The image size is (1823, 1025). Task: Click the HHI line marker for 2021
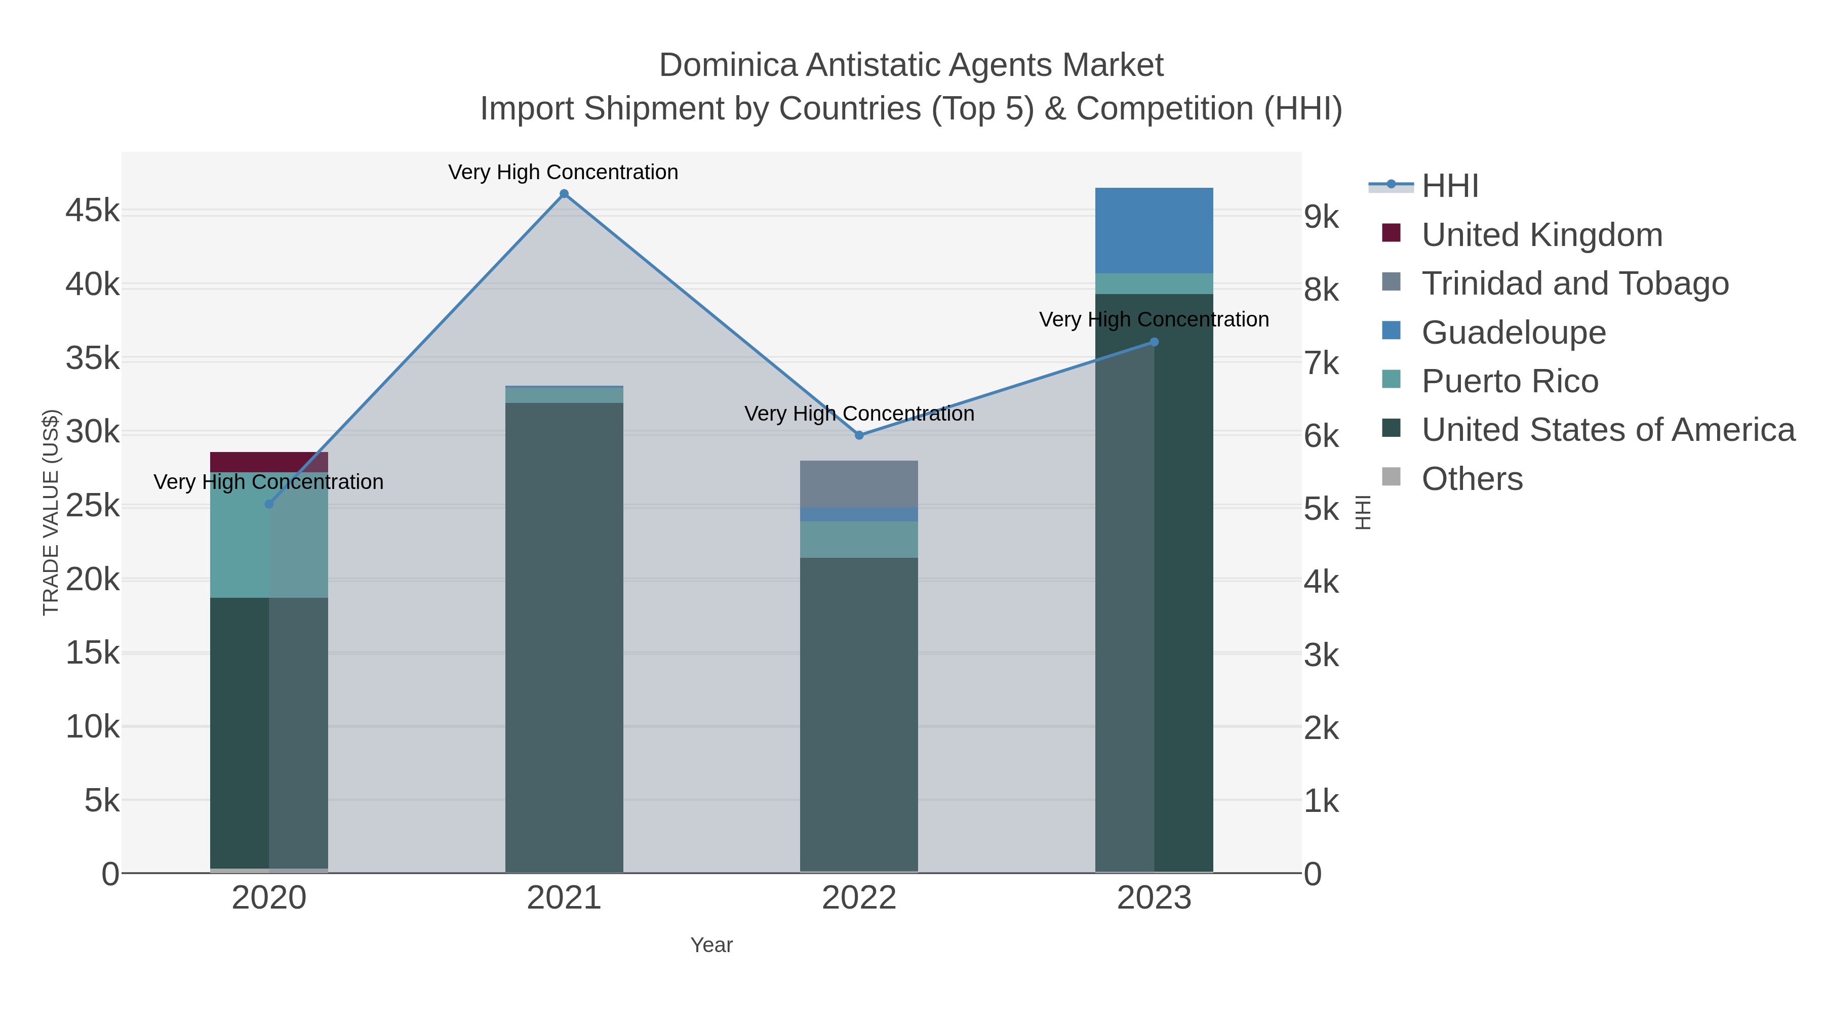[x=564, y=194]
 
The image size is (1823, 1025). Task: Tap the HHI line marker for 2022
[x=859, y=435]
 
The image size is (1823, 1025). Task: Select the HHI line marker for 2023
[x=1154, y=342]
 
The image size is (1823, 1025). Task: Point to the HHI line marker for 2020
[x=269, y=504]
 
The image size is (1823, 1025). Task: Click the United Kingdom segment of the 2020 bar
[x=269, y=461]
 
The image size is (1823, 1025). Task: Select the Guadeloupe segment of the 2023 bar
[x=1154, y=230]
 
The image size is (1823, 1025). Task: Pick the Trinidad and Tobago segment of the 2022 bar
[x=859, y=484]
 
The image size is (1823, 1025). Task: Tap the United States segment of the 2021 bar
[x=564, y=637]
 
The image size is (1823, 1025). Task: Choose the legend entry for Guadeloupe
[x=1513, y=333]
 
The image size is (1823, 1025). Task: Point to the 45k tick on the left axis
[x=93, y=211]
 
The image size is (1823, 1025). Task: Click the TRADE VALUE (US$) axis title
[x=51, y=512]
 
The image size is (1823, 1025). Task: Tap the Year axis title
[x=711, y=945]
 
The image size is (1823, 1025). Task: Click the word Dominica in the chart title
[x=728, y=65]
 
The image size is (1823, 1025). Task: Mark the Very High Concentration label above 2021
[x=563, y=172]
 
